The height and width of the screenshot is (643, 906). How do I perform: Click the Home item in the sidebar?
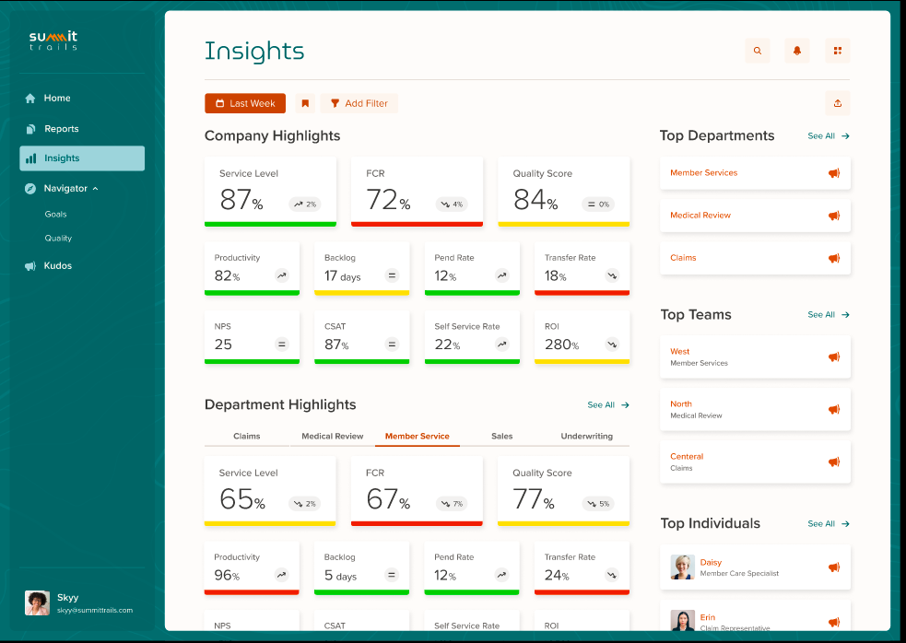point(57,99)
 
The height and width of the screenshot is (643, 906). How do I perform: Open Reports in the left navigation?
point(61,129)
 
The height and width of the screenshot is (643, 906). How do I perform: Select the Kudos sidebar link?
point(57,266)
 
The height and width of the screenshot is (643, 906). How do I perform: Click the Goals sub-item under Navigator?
point(55,214)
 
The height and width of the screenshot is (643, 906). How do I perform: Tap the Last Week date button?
point(245,104)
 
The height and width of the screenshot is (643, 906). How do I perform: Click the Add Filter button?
point(359,104)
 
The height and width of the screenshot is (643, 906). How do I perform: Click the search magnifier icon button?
point(758,52)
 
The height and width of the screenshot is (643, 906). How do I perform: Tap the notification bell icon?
point(797,52)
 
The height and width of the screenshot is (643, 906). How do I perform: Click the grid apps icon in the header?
point(838,52)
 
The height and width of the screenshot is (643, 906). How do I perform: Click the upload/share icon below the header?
point(838,103)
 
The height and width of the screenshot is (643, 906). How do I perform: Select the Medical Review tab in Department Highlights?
point(333,437)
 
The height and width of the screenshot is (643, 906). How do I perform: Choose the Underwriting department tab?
point(586,437)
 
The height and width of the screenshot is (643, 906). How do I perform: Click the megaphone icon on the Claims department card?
point(834,258)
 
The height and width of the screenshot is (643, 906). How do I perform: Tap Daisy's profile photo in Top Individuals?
point(682,567)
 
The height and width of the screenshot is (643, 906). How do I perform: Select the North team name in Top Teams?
point(681,404)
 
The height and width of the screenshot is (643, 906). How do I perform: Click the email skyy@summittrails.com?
point(95,610)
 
